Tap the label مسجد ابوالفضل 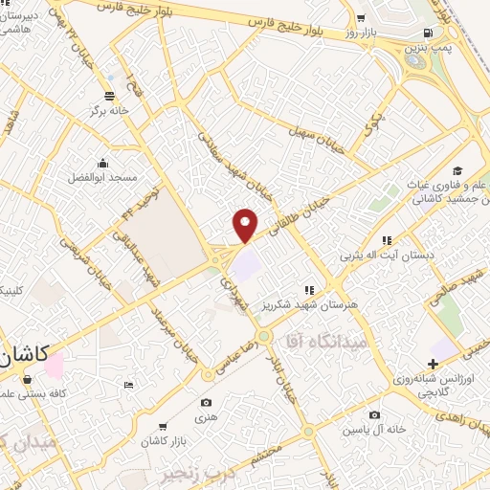click(102, 178)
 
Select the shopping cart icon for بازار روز click(360, 19)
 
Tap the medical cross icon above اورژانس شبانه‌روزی click(434, 364)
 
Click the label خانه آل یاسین click(374, 430)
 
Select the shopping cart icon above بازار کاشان click(164, 427)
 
